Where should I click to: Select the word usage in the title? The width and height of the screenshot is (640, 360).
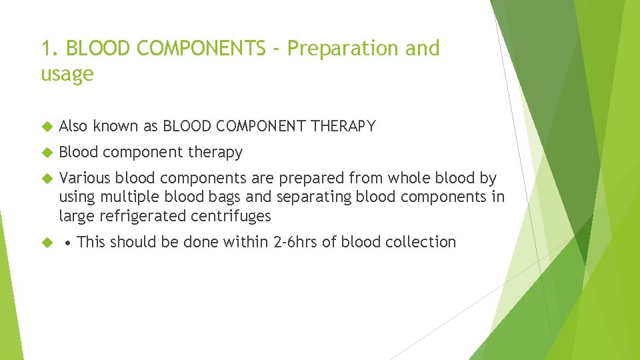tap(67, 74)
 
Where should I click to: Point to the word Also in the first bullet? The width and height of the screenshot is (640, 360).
tap(73, 126)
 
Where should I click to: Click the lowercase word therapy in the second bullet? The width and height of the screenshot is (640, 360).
tap(215, 153)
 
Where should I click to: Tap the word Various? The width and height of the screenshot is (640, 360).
tap(85, 178)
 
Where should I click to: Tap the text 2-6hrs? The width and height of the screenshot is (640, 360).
tap(296, 241)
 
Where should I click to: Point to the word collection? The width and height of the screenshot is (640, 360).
tap(423, 241)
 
